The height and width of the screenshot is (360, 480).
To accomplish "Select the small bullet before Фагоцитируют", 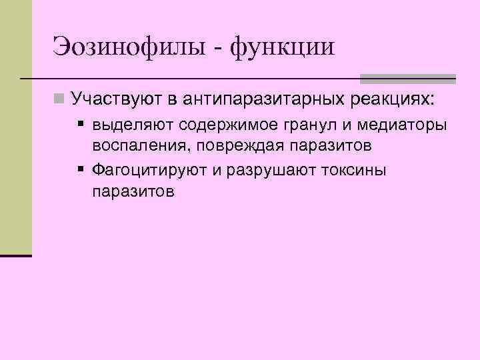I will pos(80,169).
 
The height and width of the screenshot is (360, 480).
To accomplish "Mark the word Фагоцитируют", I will pos(150,170).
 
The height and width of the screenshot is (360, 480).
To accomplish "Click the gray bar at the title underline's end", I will pos(407,77).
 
